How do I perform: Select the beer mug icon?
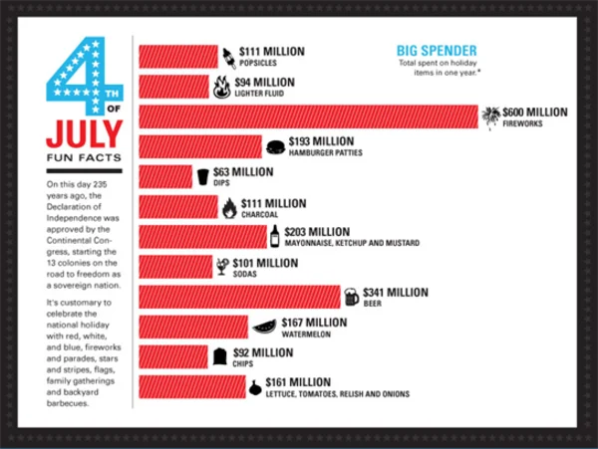click(351, 297)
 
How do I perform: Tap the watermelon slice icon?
click(263, 326)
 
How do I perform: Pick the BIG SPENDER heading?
click(437, 51)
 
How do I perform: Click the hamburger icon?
click(276, 147)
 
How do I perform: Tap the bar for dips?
click(165, 177)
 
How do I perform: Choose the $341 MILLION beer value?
click(396, 293)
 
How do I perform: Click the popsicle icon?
click(228, 56)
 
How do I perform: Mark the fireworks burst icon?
click(489, 117)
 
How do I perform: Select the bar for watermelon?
click(193, 327)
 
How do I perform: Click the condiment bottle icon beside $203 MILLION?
click(274, 237)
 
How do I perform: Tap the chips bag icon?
click(220, 356)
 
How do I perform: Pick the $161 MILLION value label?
click(298, 382)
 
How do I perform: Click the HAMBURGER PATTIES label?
click(325, 153)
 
